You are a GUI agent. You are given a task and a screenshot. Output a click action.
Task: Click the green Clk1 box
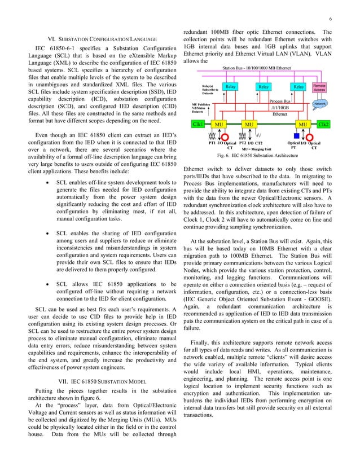pyautogui.click(x=199, y=123)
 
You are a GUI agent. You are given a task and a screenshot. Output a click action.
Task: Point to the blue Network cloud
pyautogui.click(x=320, y=104)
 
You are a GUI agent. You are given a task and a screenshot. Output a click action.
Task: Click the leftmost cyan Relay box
pyautogui.click(x=230, y=87)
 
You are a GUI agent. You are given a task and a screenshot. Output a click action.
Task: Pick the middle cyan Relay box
pyautogui.click(x=264, y=87)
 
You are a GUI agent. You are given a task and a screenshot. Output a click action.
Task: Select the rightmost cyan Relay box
pyautogui.click(x=298, y=87)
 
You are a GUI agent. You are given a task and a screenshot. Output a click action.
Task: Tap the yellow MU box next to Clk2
pyautogui.click(x=303, y=123)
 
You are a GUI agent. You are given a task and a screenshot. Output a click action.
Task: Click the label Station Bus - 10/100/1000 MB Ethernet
pyautogui.click(x=257, y=68)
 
